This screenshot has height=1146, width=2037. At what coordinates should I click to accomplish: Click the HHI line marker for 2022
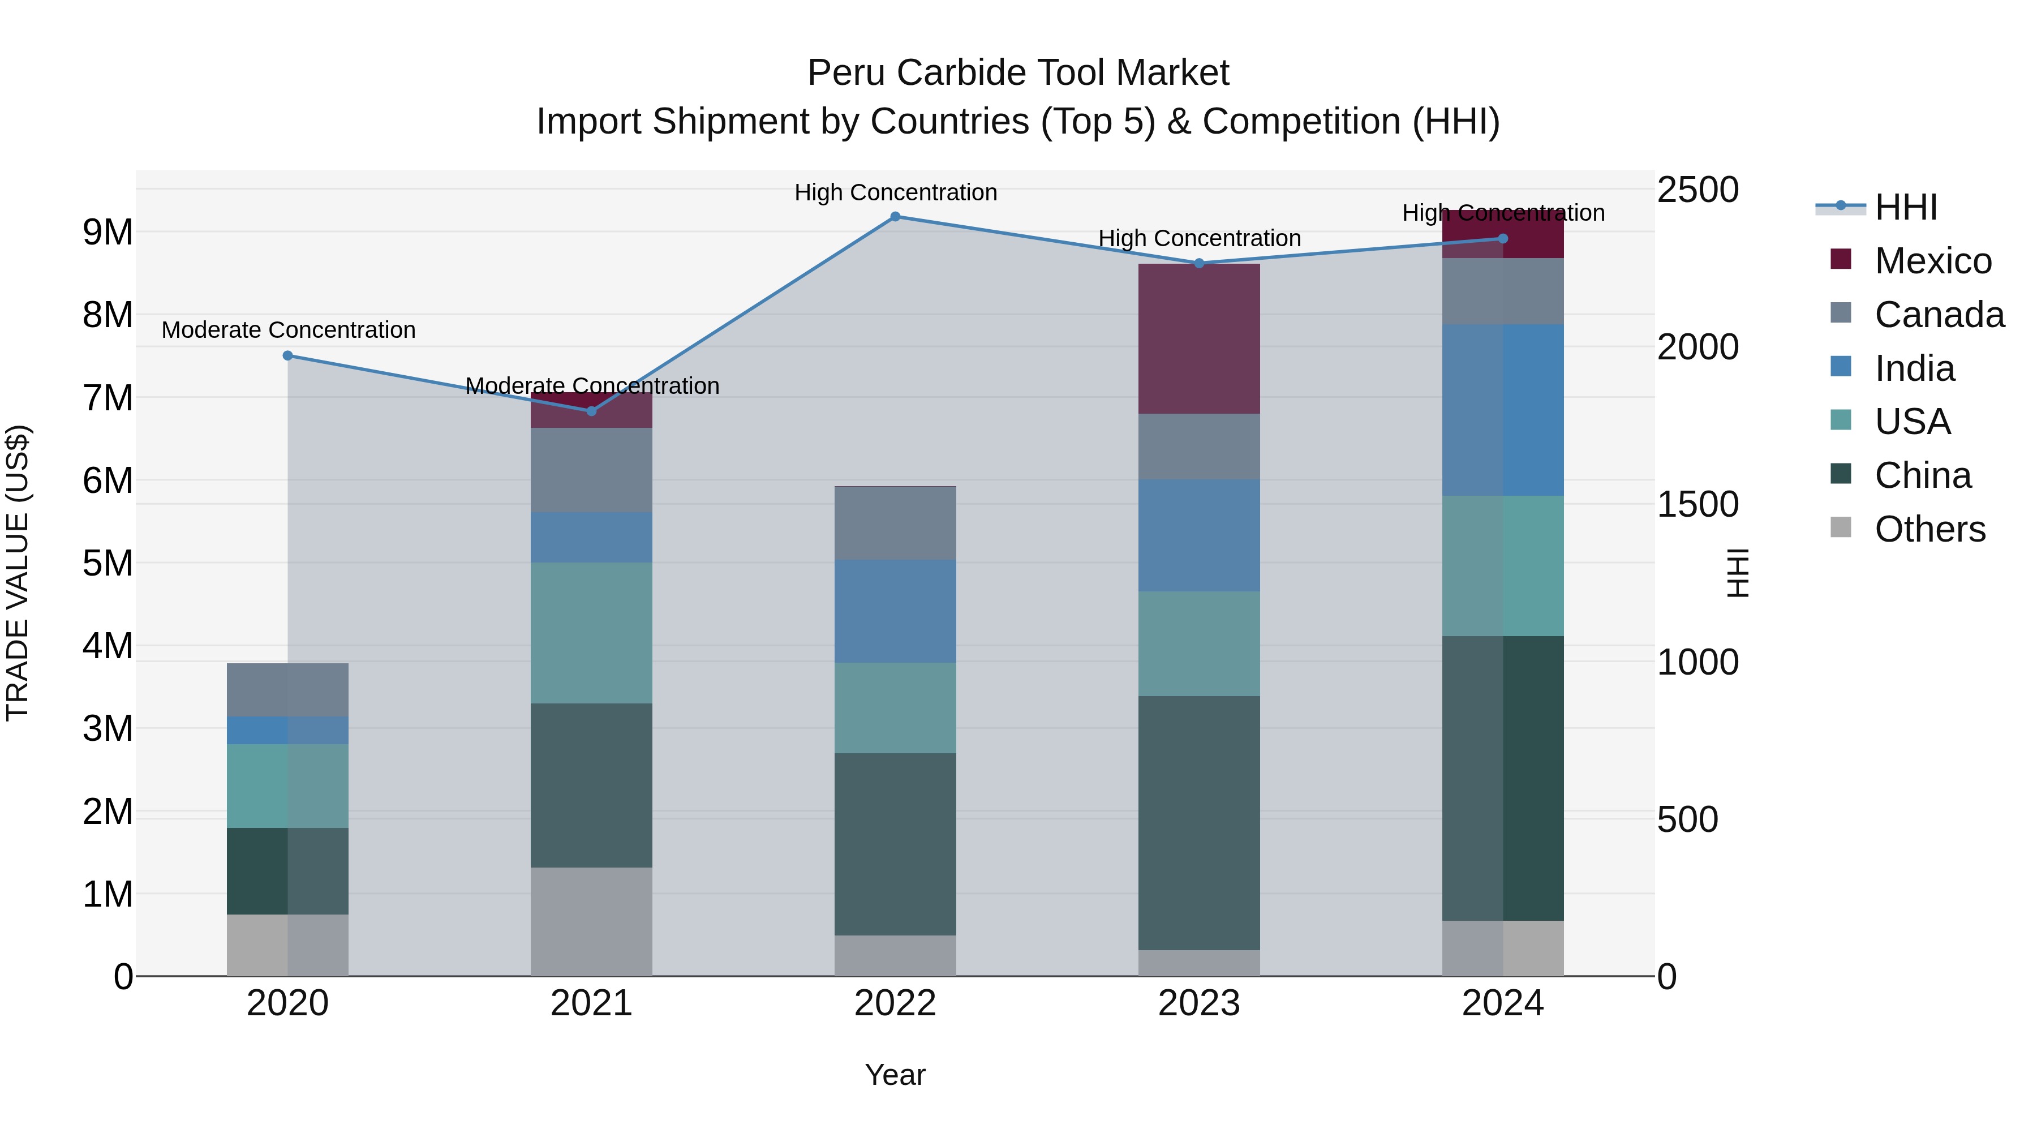coord(895,217)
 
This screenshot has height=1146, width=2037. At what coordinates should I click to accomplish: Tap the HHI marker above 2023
coord(1199,263)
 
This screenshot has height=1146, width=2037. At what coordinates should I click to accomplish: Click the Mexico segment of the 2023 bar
coord(1199,338)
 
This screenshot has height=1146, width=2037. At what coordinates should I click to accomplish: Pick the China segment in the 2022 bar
coord(895,844)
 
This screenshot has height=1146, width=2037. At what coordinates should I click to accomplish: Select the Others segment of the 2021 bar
coord(591,921)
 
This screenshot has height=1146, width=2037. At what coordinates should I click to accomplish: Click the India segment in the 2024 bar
coord(1502,410)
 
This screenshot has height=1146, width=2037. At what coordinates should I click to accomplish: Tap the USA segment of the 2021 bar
coord(591,633)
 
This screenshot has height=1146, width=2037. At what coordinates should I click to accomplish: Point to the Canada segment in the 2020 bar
coord(288,690)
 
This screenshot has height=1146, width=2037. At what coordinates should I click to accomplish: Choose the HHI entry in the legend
coord(1905,207)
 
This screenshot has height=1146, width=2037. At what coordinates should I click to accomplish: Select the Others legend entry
coord(1929,529)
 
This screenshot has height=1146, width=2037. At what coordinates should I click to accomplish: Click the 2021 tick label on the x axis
coord(591,1003)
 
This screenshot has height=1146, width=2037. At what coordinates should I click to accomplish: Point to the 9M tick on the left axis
coord(108,233)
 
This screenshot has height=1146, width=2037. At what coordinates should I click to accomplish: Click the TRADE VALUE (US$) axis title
coord(18,573)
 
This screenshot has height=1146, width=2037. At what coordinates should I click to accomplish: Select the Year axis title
coord(895,1075)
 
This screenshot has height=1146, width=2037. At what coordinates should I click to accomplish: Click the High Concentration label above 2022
coord(895,192)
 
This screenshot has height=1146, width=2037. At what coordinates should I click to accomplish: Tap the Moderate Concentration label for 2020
coord(288,330)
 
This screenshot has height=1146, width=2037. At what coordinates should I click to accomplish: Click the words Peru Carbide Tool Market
coord(1018,73)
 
